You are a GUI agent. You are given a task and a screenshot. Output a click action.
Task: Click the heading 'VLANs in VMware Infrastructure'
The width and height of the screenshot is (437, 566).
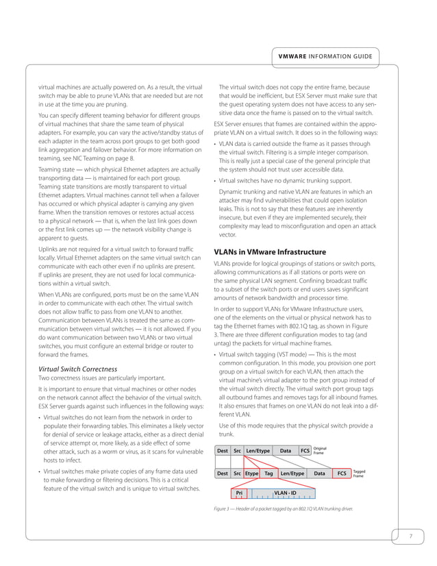point(270,252)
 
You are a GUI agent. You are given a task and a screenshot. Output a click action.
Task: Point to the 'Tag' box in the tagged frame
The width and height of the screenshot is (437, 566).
point(269,473)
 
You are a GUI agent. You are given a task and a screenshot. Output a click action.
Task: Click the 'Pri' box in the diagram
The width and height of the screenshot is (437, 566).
point(239,493)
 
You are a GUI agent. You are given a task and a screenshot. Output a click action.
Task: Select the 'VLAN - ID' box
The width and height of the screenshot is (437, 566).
point(285,493)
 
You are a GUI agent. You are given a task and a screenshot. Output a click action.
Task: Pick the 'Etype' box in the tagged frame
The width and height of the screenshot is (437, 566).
point(251,473)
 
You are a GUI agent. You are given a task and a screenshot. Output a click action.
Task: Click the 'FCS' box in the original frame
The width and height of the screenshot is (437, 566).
point(304,451)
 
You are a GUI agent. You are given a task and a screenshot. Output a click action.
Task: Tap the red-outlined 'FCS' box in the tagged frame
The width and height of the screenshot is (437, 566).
point(341,473)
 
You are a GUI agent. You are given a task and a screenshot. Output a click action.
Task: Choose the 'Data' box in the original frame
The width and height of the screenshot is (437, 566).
point(286,451)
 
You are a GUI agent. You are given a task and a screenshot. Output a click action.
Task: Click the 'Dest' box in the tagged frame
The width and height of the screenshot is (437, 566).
point(222,473)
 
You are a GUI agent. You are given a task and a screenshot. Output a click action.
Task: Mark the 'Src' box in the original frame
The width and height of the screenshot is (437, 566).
point(237,451)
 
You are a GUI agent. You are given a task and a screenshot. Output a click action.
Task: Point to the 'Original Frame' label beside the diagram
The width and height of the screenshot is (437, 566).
point(319,451)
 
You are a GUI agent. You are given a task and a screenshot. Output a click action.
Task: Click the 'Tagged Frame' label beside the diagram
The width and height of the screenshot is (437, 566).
point(360,473)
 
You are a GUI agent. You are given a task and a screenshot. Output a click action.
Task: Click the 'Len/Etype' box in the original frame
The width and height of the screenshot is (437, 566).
point(259,451)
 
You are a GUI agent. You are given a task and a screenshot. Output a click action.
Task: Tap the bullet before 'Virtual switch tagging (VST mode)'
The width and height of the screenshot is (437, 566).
point(216,355)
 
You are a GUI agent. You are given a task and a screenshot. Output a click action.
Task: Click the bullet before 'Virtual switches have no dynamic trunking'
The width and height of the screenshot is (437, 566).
point(216,181)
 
